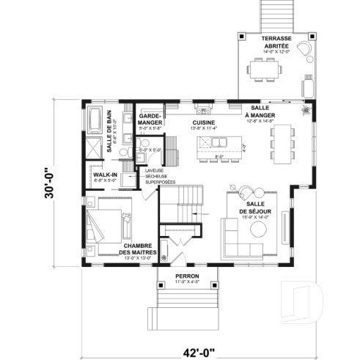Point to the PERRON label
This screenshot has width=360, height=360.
187,276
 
